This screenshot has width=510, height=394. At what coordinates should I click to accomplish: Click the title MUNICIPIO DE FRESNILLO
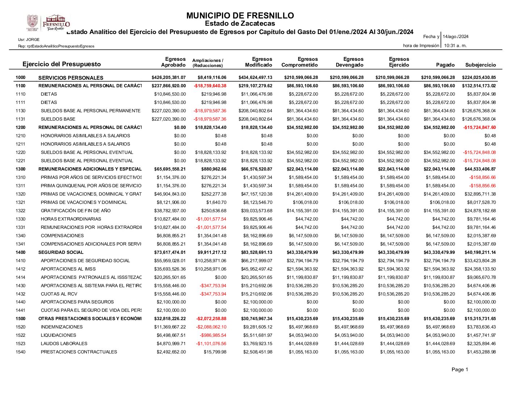pyautogui.click(x=240, y=16)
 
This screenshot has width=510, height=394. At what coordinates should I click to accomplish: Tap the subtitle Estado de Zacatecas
pyautogui.click(x=240, y=24)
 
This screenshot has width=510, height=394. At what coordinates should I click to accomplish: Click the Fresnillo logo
pyautogui.click(x=48, y=23)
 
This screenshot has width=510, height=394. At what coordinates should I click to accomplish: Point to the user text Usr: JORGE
pyautogui.click(x=29, y=39)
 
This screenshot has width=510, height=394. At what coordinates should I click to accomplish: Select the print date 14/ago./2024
pyautogui.click(x=455, y=37)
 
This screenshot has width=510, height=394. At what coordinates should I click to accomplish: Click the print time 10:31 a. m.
pyautogui.click(x=455, y=46)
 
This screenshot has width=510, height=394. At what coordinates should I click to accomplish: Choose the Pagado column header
pyautogui.click(x=445, y=65)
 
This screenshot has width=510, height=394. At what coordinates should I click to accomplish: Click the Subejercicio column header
pyautogui.click(x=480, y=65)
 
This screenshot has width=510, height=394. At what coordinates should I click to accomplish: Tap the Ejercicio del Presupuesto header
pyautogui.click(x=62, y=64)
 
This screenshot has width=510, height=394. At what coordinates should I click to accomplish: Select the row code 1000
pyautogui.click(x=21, y=77)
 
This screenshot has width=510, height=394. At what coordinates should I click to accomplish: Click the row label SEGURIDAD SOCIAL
pyautogui.click(x=61, y=252)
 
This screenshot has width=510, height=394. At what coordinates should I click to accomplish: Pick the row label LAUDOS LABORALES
pyautogui.click(x=64, y=344)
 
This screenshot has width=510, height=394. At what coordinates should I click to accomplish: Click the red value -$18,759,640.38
pyautogui.click(x=210, y=86)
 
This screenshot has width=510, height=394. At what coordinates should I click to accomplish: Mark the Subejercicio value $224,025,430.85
pyautogui.click(x=479, y=77)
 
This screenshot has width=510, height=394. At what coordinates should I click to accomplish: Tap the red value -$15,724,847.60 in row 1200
pyautogui.click(x=479, y=127)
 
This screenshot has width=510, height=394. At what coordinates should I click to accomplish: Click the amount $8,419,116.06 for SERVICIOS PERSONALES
pyautogui.click(x=212, y=77)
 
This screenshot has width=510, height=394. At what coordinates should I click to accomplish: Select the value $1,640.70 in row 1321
pyautogui.click(x=216, y=202)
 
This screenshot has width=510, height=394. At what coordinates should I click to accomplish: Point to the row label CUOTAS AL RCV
pyautogui.click(x=59, y=294)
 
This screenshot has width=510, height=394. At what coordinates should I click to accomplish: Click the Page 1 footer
pyautogui.click(x=460, y=369)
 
